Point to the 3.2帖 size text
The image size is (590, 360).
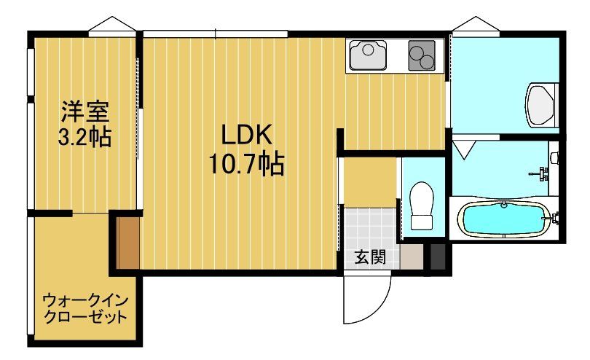point(84,136)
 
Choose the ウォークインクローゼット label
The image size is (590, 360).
point(85,307)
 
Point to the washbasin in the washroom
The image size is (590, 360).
point(540,103)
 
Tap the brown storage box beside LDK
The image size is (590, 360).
point(127,241)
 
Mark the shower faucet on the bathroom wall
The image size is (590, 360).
point(542,173)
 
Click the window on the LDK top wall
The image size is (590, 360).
point(216,33)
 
